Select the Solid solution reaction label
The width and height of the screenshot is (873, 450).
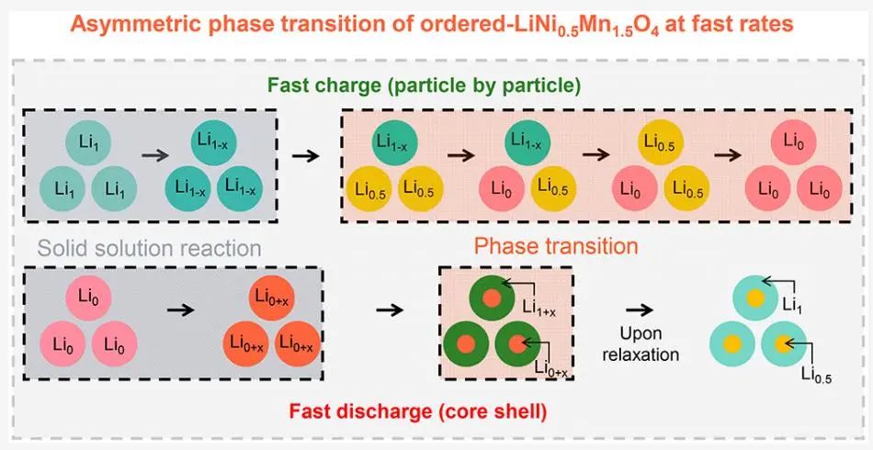tap(149, 249)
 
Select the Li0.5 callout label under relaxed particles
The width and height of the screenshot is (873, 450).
tap(816, 373)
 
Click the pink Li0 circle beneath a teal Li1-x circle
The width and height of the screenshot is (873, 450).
tap(499, 187)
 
